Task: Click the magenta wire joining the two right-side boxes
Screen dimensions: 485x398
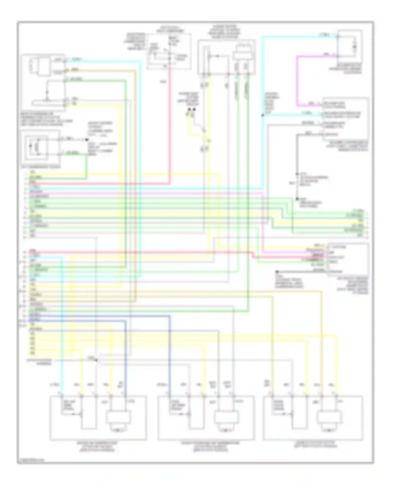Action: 297,80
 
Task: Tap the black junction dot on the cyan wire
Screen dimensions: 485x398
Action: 262,115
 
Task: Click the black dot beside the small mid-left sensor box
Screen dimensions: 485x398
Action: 87,140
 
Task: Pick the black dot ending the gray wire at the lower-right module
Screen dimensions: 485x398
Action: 277,272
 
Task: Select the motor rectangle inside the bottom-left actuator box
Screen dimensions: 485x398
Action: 118,418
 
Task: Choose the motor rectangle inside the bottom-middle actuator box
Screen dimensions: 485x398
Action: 226,418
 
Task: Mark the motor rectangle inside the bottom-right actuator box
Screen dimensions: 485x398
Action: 329,418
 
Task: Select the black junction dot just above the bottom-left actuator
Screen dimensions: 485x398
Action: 96,360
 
